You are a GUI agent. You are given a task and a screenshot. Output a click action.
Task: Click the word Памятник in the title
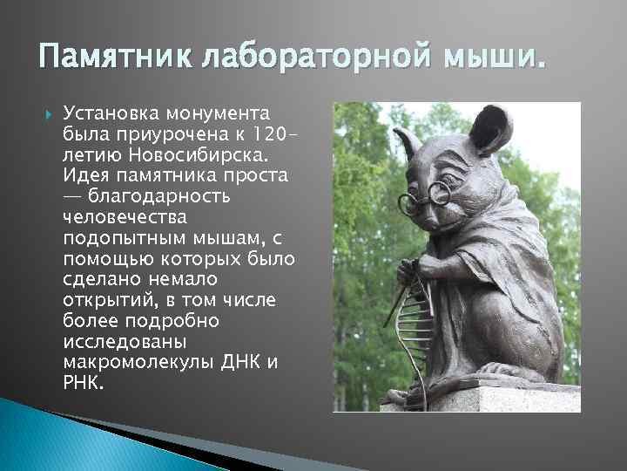point(115,54)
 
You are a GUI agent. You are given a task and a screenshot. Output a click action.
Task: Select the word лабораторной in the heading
point(316,54)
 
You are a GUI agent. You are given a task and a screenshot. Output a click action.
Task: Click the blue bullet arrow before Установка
point(49,115)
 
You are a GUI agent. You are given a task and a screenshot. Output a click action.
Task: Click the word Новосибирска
point(198,155)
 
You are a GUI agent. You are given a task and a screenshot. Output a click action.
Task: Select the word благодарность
point(159,196)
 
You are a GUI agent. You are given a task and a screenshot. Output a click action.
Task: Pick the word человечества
point(125,217)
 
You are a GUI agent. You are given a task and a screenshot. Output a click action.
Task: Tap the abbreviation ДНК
point(239,362)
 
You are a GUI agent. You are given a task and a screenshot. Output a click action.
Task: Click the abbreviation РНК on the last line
point(84,382)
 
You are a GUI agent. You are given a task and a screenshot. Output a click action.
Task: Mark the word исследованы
point(125,342)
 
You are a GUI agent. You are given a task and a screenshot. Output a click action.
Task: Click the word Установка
point(111,113)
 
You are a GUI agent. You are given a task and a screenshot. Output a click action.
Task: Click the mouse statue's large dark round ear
point(490,128)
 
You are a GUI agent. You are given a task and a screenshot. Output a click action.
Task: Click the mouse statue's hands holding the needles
point(416,270)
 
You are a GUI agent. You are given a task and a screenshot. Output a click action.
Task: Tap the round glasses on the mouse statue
point(425,197)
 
